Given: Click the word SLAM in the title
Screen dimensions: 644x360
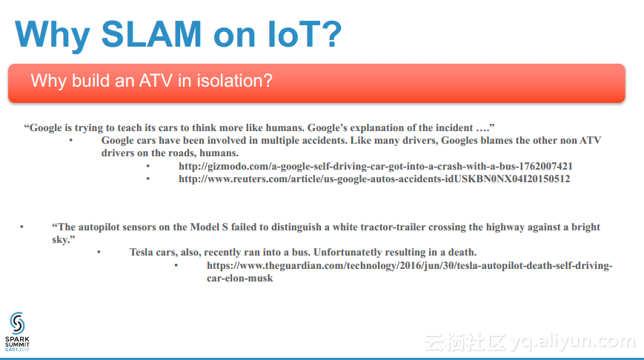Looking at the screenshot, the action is (151, 34).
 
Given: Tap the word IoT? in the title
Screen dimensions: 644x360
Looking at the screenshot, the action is (305, 34).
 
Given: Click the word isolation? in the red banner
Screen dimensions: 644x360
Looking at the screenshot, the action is (234, 81).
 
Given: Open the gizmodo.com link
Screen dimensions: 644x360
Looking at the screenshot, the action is (376, 166).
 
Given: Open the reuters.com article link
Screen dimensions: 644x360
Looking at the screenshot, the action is (374, 179).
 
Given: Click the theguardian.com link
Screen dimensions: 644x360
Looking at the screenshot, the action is (410, 272).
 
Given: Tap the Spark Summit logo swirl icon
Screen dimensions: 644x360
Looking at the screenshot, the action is (17, 323).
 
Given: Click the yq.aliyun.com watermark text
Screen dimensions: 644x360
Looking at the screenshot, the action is (573, 342).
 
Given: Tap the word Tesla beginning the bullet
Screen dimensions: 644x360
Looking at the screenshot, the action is (142, 252).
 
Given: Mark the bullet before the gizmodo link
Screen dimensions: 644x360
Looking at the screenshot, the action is (148, 166).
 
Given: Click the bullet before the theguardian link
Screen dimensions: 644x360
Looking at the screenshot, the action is (176, 265).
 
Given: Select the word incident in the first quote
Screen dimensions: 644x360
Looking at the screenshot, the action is (454, 127).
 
